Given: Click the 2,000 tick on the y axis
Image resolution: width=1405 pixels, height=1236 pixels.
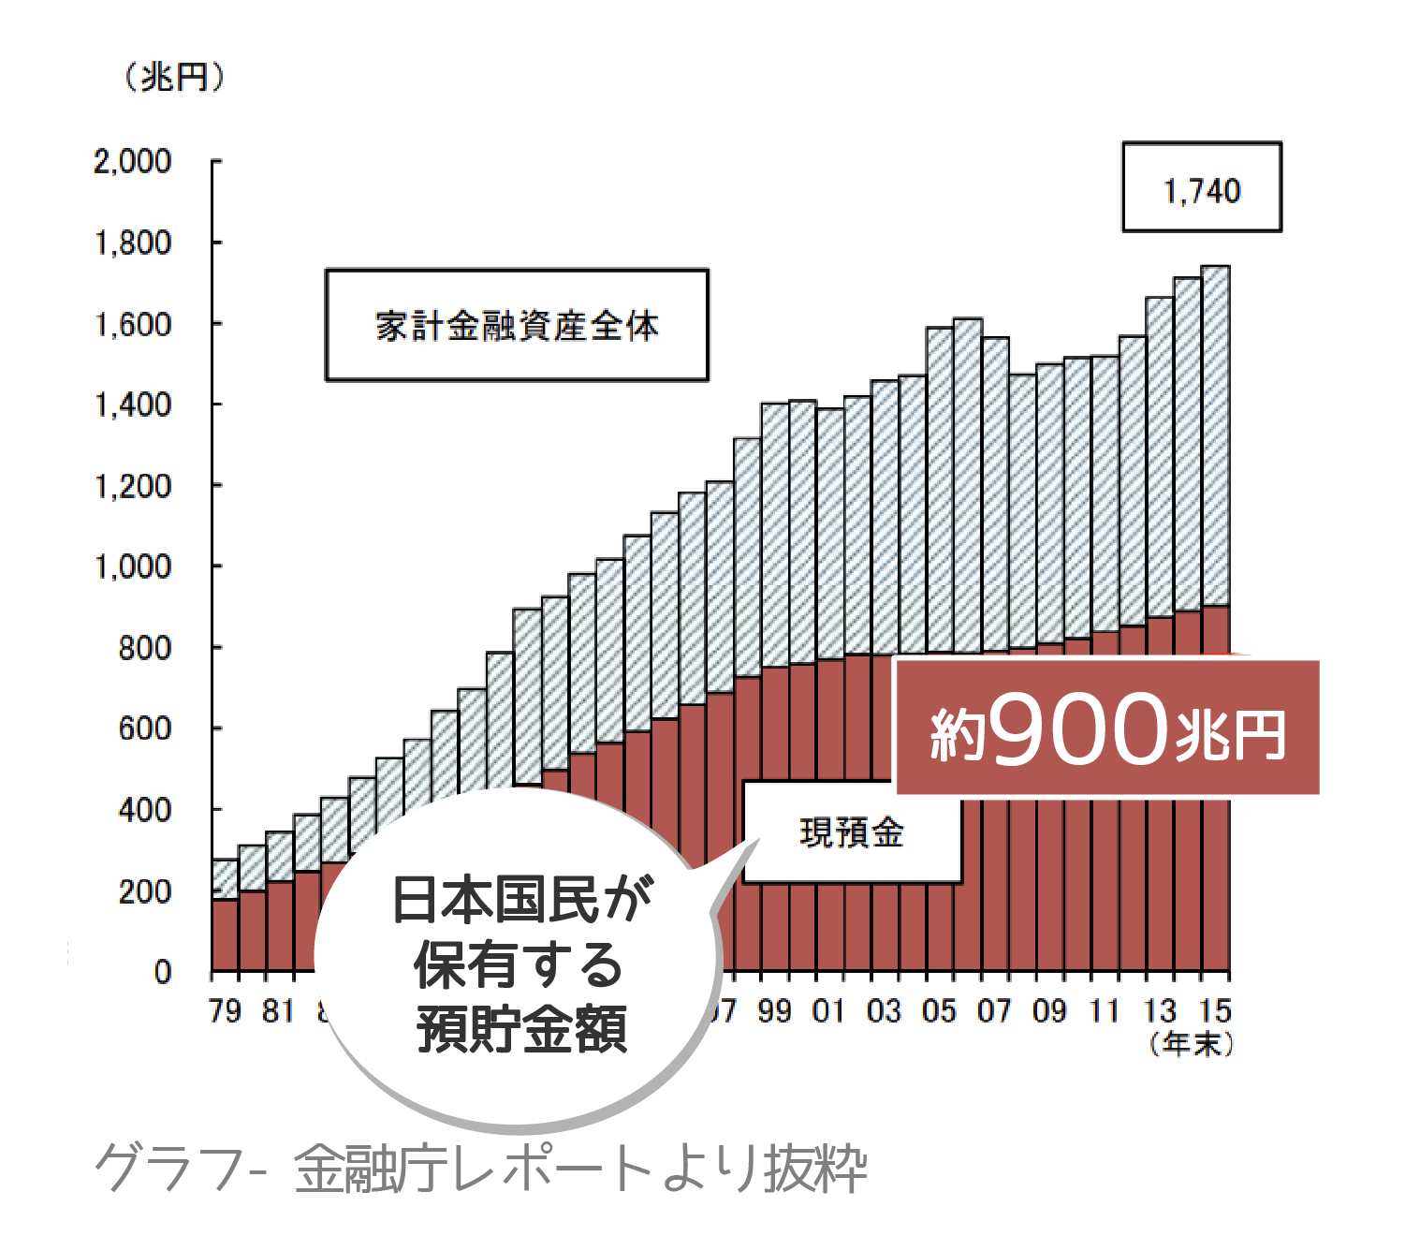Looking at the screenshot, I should click(x=133, y=162).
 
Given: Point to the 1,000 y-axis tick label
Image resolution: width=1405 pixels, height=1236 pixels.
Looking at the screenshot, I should click(x=133, y=566).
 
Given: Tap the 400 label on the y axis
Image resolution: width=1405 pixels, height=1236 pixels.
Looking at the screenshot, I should click(x=145, y=810).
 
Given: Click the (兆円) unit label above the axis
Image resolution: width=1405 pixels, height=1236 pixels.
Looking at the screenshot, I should click(x=174, y=77).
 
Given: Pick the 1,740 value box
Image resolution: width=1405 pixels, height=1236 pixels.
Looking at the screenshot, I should click(x=1202, y=187).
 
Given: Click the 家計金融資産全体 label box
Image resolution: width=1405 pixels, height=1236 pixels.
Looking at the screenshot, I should click(x=517, y=325).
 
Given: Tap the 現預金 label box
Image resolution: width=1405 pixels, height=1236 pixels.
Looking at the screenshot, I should click(x=851, y=832).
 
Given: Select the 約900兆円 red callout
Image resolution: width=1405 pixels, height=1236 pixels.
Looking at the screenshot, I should click(x=1107, y=728).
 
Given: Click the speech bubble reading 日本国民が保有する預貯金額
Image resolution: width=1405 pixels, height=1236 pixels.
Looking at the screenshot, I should click(x=520, y=964).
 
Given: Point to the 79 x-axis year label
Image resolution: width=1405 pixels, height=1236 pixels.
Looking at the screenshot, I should click(x=225, y=1011).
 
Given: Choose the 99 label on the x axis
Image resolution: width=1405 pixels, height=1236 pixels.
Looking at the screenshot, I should click(x=774, y=1011).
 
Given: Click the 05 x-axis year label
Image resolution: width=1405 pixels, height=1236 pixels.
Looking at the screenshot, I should click(x=939, y=1011).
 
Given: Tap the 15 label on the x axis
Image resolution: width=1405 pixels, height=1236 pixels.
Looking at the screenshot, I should click(x=1215, y=1011).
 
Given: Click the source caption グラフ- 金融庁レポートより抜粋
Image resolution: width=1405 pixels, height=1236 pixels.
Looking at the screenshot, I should click(x=480, y=1169).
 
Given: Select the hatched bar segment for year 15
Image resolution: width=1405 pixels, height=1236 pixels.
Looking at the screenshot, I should click(x=1215, y=435).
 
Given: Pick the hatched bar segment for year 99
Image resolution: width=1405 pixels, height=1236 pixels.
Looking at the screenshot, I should click(x=774, y=534).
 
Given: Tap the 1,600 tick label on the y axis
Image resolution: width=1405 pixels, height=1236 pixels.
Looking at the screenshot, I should click(x=133, y=325).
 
